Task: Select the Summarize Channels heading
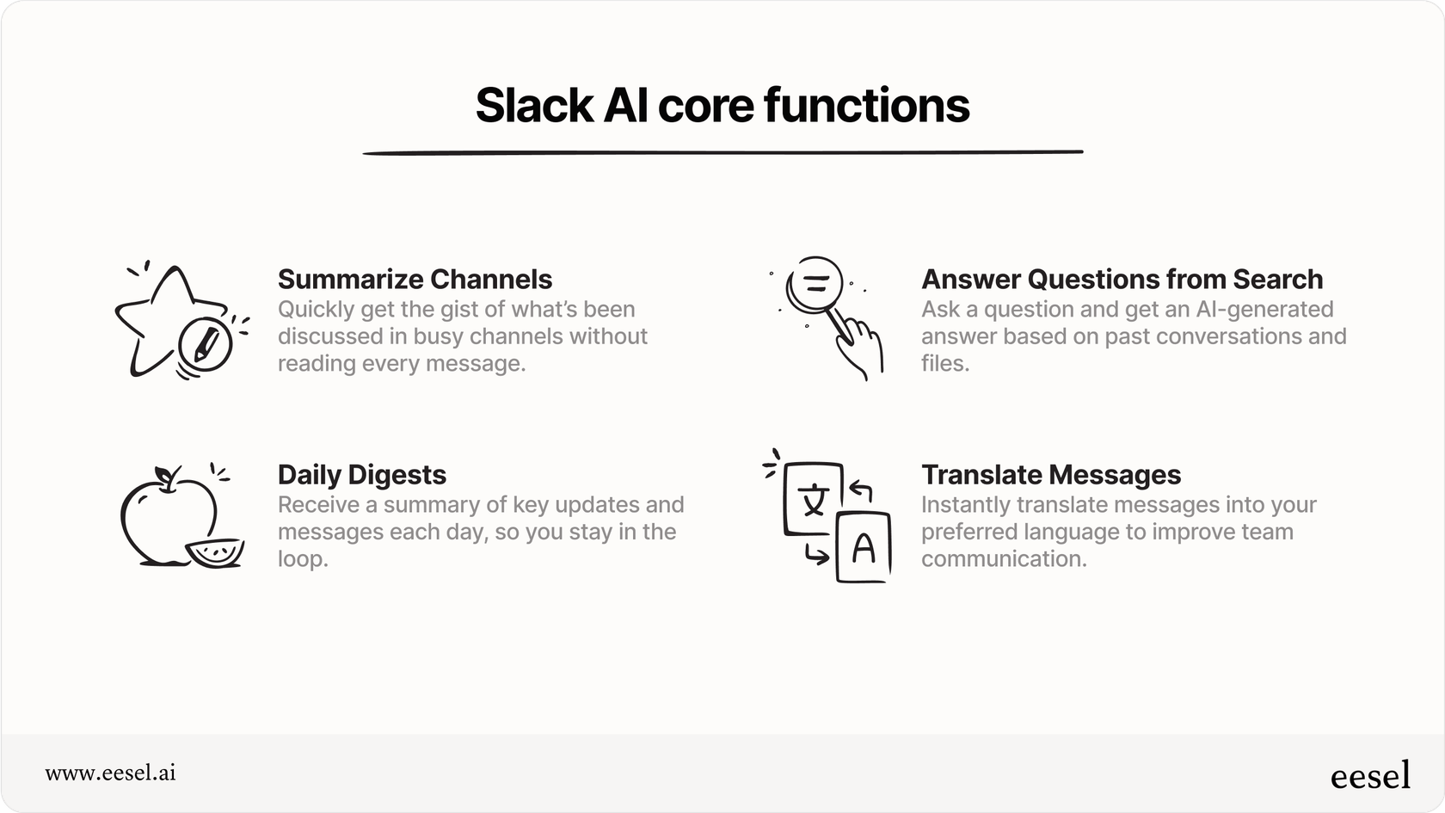coord(415,280)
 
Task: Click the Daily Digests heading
coord(361,475)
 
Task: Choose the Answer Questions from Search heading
coord(1122,280)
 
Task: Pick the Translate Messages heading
coord(1050,475)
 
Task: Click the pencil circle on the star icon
coord(205,345)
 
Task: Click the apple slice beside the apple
coord(215,552)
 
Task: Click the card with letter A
coord(863,548)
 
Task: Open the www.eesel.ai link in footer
coord(110,773)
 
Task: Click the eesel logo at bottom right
coord(1370,775)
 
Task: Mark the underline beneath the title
coord(722,153)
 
